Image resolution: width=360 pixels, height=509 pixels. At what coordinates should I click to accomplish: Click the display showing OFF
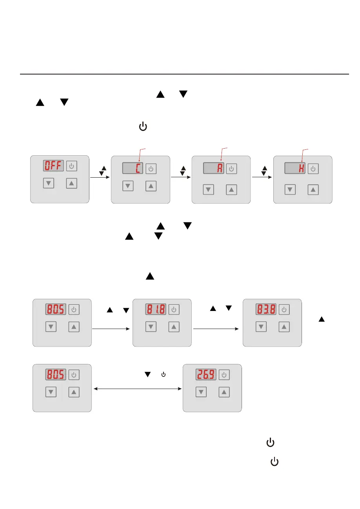click(53, 166)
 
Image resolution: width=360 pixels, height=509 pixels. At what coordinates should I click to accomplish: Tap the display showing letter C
click(133, 169)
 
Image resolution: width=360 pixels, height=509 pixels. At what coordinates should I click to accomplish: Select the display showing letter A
click(214, 169)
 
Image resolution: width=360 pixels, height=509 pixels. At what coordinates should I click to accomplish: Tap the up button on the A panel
click(232, 190)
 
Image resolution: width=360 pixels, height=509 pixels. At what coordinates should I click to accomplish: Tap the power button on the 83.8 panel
click(284, 310)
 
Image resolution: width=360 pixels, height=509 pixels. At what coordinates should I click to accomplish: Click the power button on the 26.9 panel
click(224, 375)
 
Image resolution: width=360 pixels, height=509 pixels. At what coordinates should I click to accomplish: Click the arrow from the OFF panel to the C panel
click(100, 177)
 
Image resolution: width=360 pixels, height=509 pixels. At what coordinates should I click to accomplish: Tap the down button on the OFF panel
click(48, 183)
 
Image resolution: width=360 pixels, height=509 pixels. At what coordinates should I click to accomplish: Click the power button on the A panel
click(231, 169)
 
